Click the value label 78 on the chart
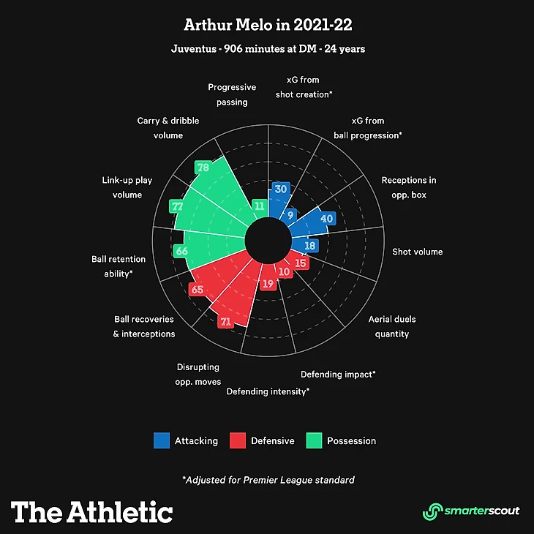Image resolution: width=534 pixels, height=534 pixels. (203, 168)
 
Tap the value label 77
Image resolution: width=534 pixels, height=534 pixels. (177, 206)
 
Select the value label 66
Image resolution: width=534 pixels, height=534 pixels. (182, 252)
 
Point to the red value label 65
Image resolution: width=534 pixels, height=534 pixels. (197, 290)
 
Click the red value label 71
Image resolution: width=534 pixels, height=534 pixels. (226, 321)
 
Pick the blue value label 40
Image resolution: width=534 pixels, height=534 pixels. (327, 219)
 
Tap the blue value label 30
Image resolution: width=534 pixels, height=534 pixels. (280, 189)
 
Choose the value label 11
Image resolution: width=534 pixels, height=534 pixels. (258, 206)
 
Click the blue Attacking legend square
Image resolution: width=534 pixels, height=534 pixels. (162, 440)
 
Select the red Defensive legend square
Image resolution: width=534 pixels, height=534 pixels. (238, 440)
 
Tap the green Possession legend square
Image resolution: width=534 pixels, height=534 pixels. (314, 440)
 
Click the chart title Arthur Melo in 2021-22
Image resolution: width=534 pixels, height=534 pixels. (267, 26)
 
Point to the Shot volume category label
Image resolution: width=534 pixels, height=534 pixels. (417, 252)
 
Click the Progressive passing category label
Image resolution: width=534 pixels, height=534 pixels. (232, 94)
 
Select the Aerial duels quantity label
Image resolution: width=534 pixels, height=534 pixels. (392, 326)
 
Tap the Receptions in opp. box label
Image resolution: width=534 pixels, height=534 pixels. (409, 187)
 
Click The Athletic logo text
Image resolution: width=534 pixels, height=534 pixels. (92, 511)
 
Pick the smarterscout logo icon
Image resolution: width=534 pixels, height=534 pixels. (434, 511)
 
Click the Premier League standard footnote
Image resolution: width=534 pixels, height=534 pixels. (268, 480)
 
